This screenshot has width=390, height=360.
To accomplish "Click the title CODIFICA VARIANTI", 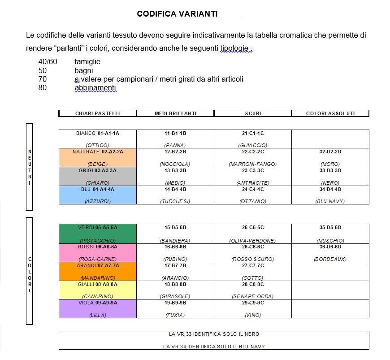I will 177,14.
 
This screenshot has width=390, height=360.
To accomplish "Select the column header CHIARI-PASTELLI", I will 97,113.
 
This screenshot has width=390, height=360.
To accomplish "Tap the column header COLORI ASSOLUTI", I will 330,113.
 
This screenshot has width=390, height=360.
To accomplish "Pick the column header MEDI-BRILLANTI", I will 175,113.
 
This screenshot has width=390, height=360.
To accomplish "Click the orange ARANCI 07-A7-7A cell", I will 97,271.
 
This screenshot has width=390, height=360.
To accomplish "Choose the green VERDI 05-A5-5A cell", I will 97,234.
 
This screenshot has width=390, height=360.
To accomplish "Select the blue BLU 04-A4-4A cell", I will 97,195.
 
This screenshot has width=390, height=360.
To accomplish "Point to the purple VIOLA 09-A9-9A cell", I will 97,308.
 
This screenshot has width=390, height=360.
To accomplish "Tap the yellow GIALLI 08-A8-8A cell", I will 97,290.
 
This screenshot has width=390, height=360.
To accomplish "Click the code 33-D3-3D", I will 330,170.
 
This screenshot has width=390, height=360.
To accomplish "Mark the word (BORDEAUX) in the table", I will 330,259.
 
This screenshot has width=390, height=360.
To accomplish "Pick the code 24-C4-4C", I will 253,189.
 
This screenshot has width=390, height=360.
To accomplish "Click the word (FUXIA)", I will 175,315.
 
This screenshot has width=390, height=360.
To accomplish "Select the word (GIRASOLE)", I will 175,296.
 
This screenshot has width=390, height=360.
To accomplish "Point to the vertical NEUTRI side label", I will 30,167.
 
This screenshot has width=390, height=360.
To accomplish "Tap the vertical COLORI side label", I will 30,272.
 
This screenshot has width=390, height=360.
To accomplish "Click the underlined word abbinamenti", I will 95,88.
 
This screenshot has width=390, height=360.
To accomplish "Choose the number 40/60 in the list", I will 48,62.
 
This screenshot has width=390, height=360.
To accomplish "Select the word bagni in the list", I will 84,70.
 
